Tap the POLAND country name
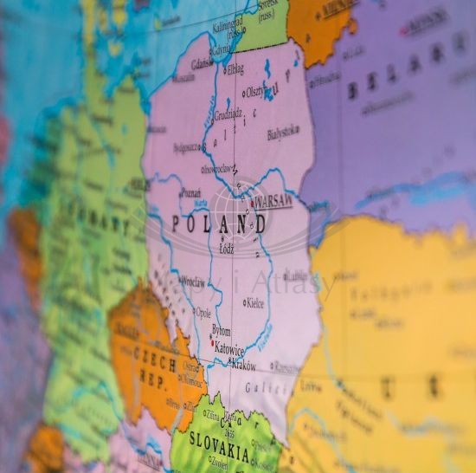[219, 224]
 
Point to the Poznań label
[191, 193]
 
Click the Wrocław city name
[194, 282]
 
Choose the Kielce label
[255, 303]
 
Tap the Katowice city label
[230, 350]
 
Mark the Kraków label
[243, 365]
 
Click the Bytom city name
[222, 331]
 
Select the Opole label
[203, 313]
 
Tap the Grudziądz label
[228, 113]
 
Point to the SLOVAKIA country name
[221, 454]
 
